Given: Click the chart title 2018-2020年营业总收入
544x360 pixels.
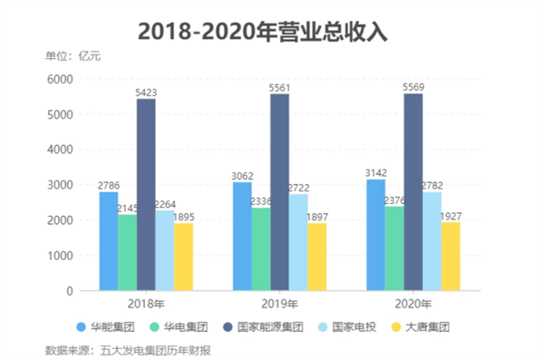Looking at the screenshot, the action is pyautogui.click(x=263, y=32).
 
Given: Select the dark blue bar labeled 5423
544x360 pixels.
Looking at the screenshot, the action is pyautogui.click(x=146, y=195).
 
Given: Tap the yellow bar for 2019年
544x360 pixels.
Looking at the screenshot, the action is pyautogui.click(x=317, y=257).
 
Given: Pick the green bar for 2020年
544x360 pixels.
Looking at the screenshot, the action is pyautogui.click(x=394, y=248).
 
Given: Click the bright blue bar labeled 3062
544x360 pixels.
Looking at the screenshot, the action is pyautogui.click(x=242, y=237).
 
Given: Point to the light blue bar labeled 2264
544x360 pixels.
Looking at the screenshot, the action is pyautogui.click(x=165, y=250).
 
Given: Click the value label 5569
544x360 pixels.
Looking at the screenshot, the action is pyautogui.click(x=413, y=87).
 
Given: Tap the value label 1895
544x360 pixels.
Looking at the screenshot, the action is pyautogui.click(x=183, y=218).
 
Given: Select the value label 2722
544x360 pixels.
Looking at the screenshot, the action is pyautogui.click(x=298, y=188).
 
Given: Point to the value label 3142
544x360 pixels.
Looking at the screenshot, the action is pyautogui.click(x=376, y=173).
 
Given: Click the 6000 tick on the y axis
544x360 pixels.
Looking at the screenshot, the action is pyautogui.click(x=60, y=80).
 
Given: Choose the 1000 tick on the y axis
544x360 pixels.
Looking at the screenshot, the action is pyautogui.click(x=60, y=256).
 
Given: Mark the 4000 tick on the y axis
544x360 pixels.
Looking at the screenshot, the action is pyautogui.click(x=60, y=150).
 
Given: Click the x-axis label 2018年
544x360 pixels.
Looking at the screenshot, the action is pyautogui.click(x=146, y=304).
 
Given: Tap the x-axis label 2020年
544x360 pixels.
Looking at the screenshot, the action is pyautogui.click(x=413, y=304).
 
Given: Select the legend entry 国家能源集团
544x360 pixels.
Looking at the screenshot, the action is pyautogui.click(x=263, y=327).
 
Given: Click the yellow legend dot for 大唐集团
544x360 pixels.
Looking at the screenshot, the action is pyautogui.click(x=396, y=327).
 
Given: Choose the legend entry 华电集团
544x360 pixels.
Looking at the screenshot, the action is pyautogui.click(x=179, y=327).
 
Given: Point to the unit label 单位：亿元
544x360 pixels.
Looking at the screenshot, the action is pyautogui.click(x=73, y=56).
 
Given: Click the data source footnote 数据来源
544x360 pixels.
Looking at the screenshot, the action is pyautogui.click(x=128, y=351).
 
